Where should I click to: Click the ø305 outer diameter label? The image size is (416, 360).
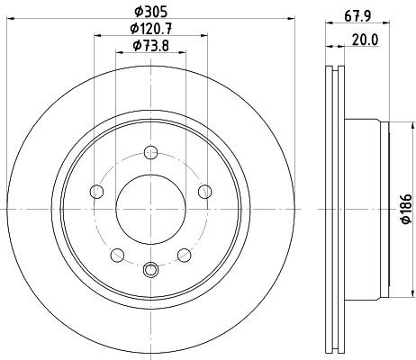coord(150,12)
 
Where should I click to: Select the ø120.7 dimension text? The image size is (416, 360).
coord(150,29)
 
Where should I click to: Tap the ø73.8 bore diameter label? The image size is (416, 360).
coord(150,46)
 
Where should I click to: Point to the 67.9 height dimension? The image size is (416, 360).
coord(357,16)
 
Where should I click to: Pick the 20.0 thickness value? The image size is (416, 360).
coord(365,40)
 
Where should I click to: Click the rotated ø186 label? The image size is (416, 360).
coord(406,209)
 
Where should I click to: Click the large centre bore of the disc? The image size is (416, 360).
coord(150,209)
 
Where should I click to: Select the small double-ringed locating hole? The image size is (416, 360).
coord(150,269)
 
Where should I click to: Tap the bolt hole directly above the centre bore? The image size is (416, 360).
coord(150,152)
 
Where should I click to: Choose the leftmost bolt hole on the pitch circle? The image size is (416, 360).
coord(96,192)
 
